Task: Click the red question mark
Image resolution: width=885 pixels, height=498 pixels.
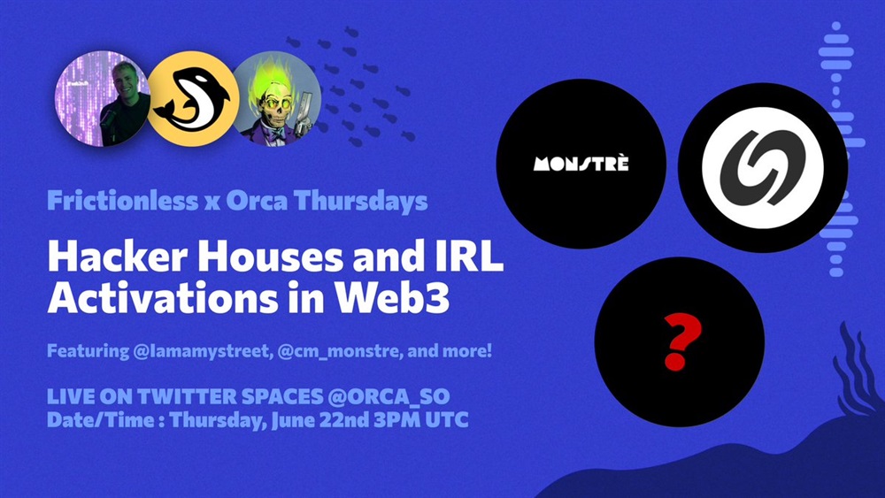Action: point(682,341)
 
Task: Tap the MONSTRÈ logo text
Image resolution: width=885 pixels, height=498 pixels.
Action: point(581,164)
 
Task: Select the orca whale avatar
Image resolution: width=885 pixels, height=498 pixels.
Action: point(193,99)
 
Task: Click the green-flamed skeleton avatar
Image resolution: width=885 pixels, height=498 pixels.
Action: point(276,99)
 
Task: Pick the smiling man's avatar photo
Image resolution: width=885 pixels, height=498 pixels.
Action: point(102,99)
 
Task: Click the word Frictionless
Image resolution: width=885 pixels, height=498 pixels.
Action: point(122,201)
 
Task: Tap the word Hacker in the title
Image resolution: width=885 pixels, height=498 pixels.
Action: point(118,257)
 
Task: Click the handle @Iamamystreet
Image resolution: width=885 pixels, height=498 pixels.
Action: point(201,351)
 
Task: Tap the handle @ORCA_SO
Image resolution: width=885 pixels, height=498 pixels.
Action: point(389,396)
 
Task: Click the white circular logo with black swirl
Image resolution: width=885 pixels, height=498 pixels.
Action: point(763,167)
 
